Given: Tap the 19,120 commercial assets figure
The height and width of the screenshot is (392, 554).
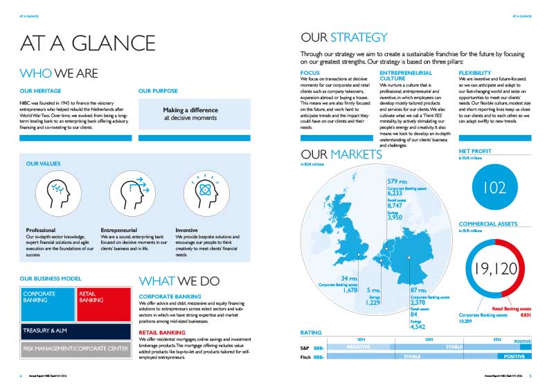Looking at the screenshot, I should pos(493,269).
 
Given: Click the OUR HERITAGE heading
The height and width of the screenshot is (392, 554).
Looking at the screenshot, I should pos(41,91).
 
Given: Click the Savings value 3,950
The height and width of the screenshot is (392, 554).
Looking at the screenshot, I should pos(395,217).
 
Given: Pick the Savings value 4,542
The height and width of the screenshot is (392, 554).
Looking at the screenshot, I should pos(418,326).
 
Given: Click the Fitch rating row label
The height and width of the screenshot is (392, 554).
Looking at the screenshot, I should pos(303,356).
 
